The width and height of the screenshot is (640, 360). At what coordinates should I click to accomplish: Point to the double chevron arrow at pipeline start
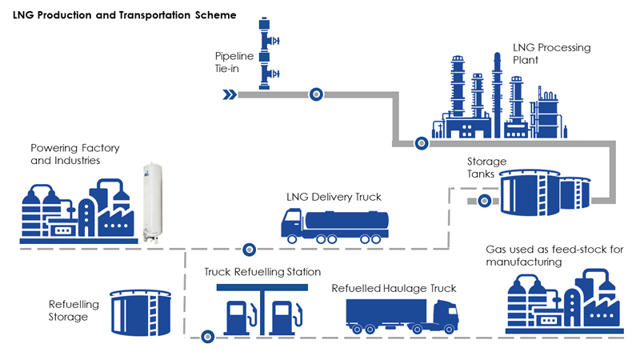pyautogui.click(x=230, y=95)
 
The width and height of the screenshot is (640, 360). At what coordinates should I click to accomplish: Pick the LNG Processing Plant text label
pyautogui.click(x=551, y=54)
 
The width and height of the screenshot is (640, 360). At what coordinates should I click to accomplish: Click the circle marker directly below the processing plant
pyautogui.click(x=420, y=144)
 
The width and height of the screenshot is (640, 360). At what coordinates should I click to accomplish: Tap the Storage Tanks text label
pyautogui.click(x=486, y=168)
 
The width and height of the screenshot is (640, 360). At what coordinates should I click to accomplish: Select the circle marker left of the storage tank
pyautogui.click(x=483, y=201)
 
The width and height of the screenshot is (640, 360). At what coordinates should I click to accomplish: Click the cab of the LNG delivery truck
pyautogui.click(x=292, y=224)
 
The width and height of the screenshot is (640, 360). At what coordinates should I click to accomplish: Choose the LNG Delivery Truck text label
pyautogui.click(x=334, y=197)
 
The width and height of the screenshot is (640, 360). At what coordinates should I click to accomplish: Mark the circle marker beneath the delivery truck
pyautogui.click(x=250, y=249)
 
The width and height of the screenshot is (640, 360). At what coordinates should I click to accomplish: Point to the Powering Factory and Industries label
pyautogui.click(x=66, y=154)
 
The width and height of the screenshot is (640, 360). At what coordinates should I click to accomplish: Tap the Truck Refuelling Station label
pyautogui.click(x=262, y=273)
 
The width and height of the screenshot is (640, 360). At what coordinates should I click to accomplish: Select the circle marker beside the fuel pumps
pyautogui.click(x=208, y=336)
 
